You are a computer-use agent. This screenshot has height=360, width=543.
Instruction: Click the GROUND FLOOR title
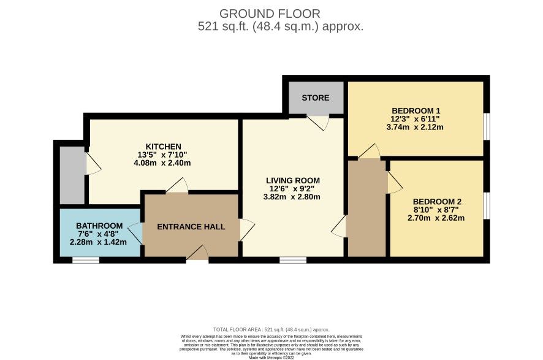(x=270, y=13)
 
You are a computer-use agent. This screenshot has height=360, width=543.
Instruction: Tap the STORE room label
(x=315, y=98)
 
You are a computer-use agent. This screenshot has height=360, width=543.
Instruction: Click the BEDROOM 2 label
(x=437, y=201)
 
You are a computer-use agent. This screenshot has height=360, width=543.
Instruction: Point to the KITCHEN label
(x=163, y=146)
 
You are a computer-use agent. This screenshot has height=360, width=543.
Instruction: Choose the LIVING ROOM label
(x=292, y=180)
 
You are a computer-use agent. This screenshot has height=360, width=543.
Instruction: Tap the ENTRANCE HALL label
(x=191, y=226)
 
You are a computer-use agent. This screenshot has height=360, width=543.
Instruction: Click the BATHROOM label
(x=99, y=225)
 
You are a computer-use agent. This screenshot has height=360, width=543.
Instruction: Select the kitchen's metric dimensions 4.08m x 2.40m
(x=163, y=163)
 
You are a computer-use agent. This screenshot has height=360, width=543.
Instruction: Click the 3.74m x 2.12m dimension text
(x=416, y=127)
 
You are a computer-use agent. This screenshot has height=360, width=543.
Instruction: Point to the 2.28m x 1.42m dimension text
(x=99, y=242)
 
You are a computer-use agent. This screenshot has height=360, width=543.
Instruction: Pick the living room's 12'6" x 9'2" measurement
(x=292, y=188)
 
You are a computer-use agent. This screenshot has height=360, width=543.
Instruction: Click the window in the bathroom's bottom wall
(x=86, y=260)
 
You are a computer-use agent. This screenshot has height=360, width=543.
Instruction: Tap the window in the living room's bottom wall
(x=293, y=260)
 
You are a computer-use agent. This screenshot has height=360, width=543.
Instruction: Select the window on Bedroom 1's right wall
(x=487, y=126)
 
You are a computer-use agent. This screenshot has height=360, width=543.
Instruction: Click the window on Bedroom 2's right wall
(x=487, y=205)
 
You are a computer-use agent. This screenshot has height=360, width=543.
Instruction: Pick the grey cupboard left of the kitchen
(x=72, y=175)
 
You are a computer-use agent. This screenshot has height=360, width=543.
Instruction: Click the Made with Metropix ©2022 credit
(x=271, y=357)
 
